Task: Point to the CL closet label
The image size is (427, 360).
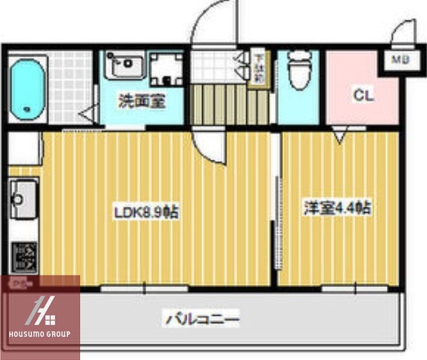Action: [362, 96]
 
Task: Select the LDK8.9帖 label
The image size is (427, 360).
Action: [146, 211]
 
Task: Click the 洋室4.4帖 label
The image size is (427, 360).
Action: [338, 208]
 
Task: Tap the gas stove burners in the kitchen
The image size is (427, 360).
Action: [22, 256]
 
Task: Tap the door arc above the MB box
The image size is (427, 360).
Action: [400, 36]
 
